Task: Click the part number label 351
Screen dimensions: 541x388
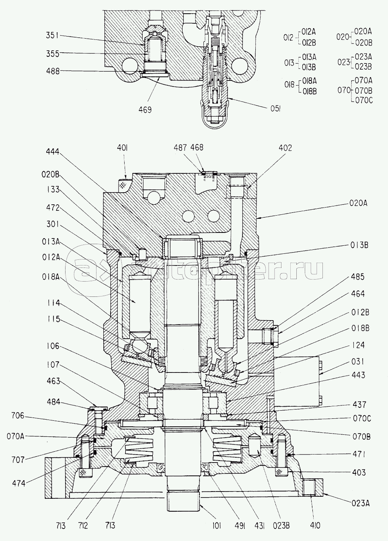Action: coord(52,35)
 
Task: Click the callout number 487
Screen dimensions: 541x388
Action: coord(181,148)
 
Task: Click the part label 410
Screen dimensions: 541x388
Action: coord(316,525)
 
